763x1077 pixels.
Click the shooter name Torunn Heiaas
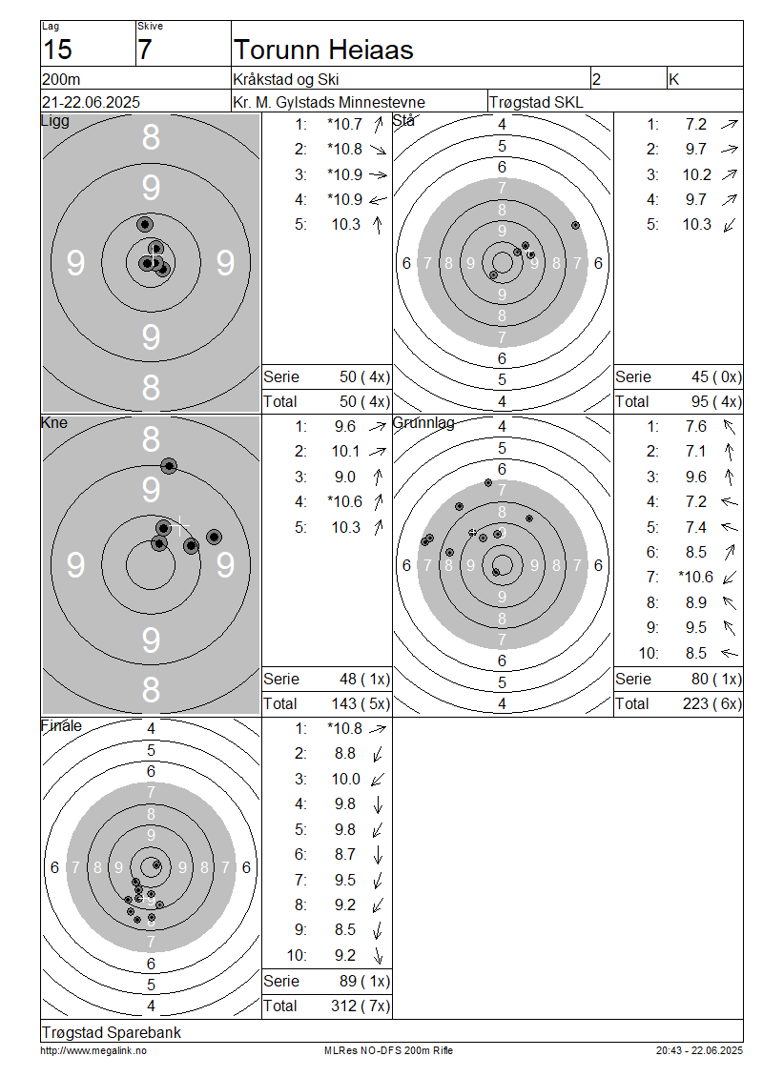coord(323,51)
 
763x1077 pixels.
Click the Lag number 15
coord(57,51)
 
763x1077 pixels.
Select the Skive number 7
coord(144,51)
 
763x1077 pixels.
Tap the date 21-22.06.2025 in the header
coord(91,102)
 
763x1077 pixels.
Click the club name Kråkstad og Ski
coord(286,80)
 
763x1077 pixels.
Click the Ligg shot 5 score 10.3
coord(346,225)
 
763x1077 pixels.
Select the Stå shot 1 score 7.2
coord(695,124)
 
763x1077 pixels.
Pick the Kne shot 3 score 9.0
coord(345,477)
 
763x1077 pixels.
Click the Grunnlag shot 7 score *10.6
coord(695,577)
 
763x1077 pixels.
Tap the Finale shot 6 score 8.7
coord(345,855)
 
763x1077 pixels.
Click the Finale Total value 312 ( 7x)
coord(361,1006)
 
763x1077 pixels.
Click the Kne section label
coord(53,422)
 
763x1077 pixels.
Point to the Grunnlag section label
coord(423,422)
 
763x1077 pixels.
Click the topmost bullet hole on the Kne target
coord(169,466)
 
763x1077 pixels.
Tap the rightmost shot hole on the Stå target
coord(575,225)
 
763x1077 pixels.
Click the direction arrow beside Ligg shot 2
coord(378,149)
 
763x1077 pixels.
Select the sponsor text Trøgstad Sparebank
coord(112,1032)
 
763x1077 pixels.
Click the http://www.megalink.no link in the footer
coord(93,1050)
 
